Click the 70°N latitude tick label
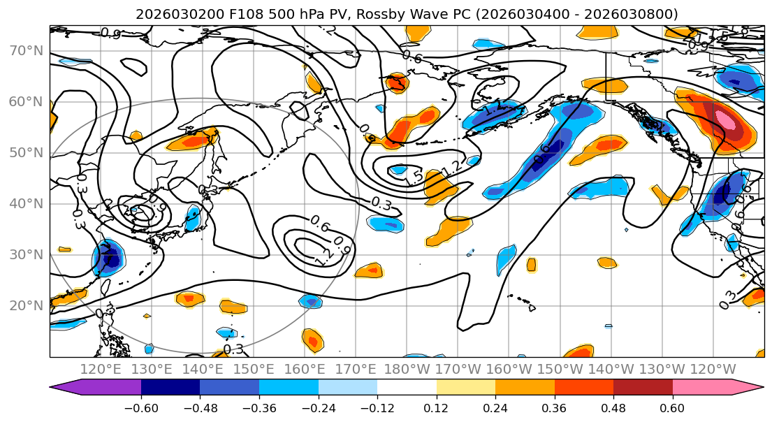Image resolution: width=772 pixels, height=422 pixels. (25, 51)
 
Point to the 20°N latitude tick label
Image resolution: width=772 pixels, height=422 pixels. (25, 305)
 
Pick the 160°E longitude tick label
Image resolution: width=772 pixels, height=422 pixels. (305, 369)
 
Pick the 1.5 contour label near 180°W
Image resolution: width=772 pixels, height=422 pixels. (413, 177)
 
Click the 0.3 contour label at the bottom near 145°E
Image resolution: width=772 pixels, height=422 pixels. (233, 349)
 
